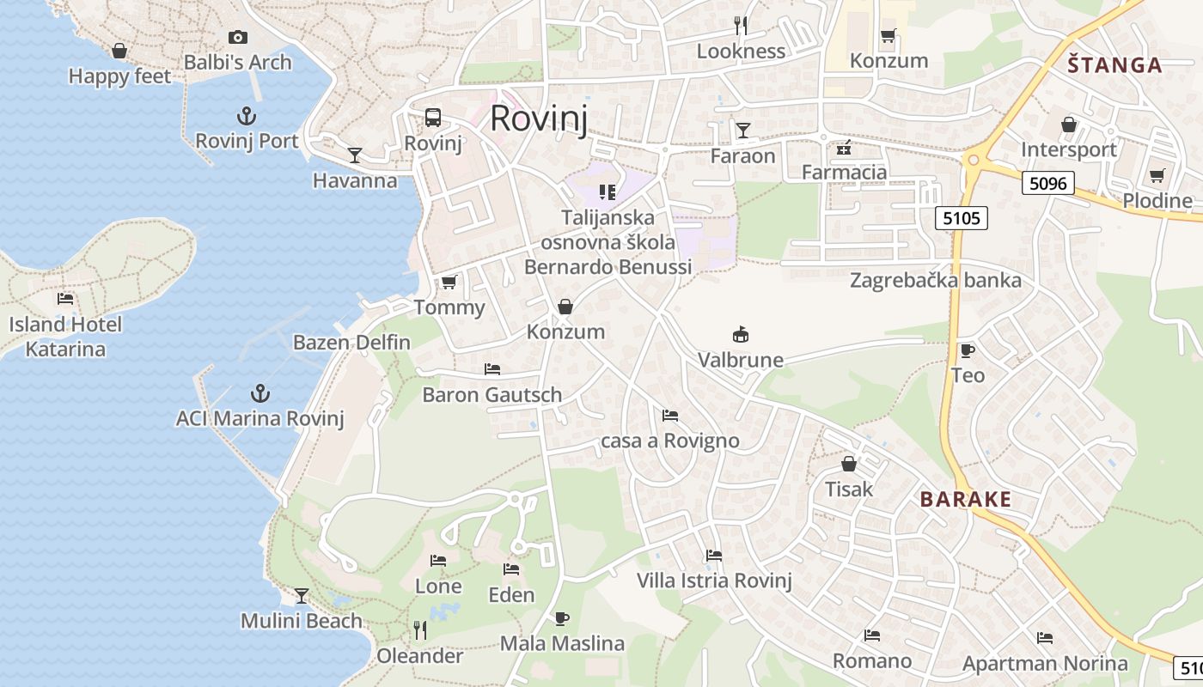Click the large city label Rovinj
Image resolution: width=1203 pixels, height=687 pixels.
539,119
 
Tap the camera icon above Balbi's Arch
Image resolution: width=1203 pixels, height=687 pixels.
238,37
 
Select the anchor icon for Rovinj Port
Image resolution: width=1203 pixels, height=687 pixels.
247,116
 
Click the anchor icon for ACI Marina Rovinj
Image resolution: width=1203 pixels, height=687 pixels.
260,393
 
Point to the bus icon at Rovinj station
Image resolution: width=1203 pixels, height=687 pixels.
433,118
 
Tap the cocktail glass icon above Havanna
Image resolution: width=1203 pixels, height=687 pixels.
354,155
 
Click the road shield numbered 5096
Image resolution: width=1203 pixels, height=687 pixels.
1048,182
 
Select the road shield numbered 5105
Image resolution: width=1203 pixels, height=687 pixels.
961,218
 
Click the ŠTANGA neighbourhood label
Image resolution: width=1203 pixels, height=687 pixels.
1114,65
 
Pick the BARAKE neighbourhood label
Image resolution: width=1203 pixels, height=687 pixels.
965,499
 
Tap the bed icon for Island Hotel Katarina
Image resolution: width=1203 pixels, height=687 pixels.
65,299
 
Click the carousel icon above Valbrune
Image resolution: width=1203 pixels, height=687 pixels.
740,334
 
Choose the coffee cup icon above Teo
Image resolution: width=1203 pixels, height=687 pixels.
967,350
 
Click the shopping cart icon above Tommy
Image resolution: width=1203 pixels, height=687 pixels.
449,282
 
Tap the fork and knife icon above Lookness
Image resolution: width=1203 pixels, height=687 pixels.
741,26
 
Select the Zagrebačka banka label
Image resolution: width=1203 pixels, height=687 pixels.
936,281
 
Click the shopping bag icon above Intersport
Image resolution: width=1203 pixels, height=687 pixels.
1069,125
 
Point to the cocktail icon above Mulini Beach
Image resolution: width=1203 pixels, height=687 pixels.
302,595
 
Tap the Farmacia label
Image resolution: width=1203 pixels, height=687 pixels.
844,173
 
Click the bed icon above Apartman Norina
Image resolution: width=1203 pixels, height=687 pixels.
1045,637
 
